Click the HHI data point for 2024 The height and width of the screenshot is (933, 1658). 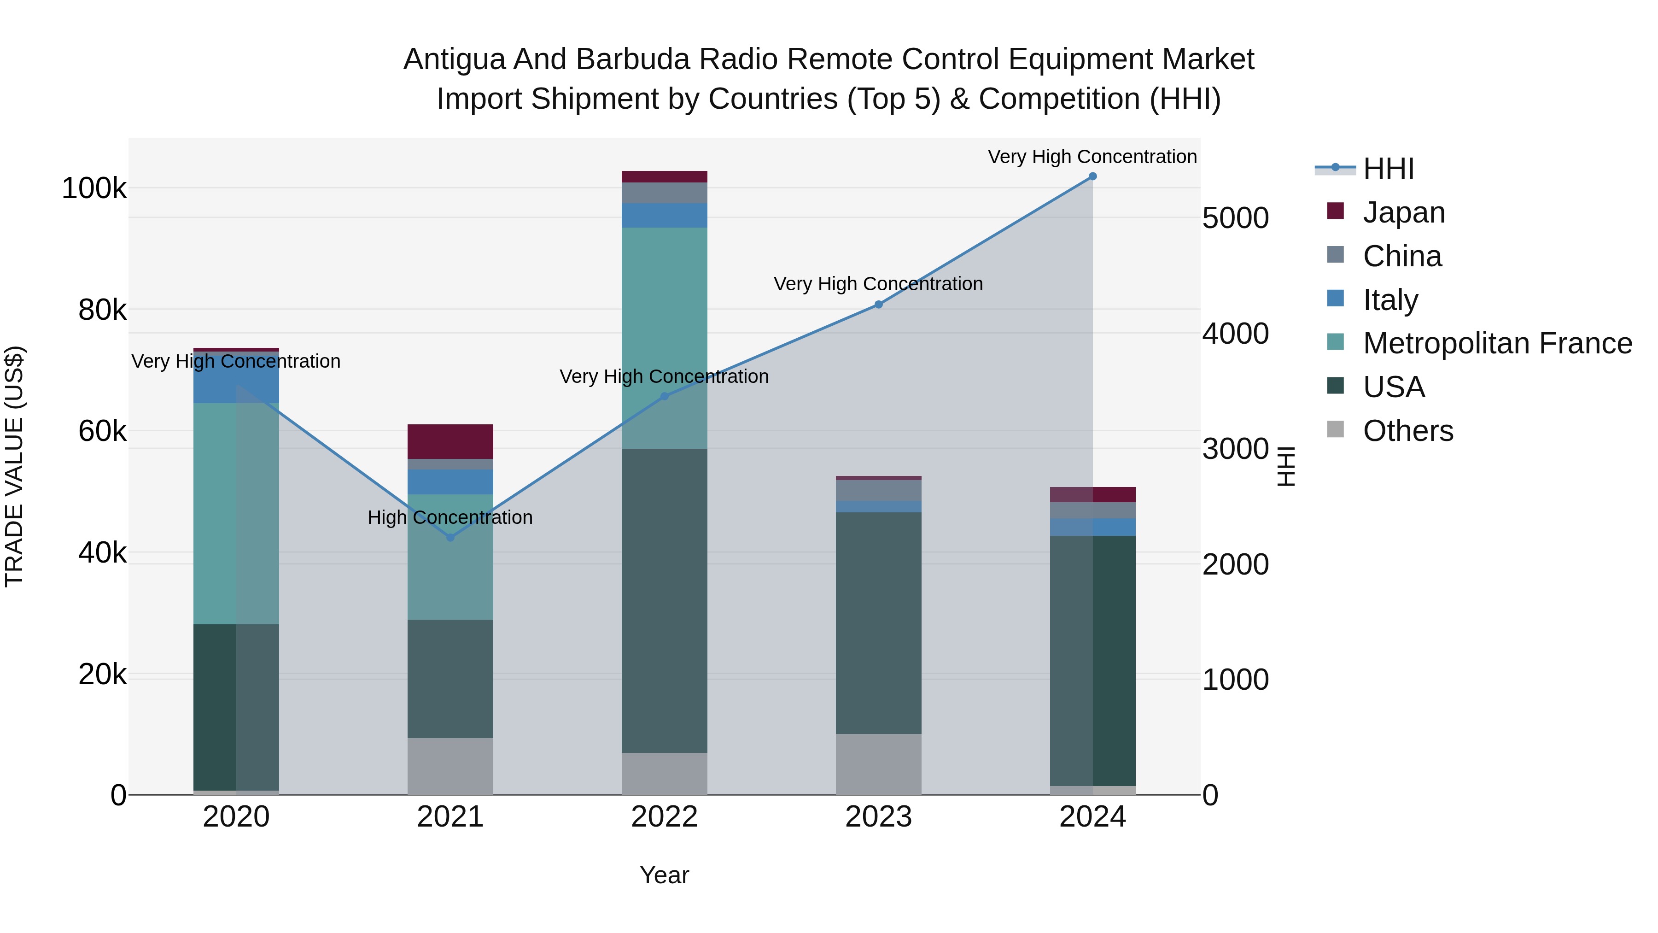coord(1092,176)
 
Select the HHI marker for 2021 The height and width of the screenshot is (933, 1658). coord(450,537)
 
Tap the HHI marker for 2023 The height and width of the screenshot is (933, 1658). coord(879,305)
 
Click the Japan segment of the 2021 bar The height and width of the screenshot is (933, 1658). coord(450,442)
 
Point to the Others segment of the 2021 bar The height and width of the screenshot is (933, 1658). coord(450,766)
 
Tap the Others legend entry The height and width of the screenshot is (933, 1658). coord(1407,431)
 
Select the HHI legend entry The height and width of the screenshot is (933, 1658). coord(1388,169)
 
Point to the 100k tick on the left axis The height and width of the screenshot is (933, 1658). coord(94,188)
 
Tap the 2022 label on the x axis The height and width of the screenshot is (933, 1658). coord(664,817)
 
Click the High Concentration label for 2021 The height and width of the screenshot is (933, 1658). coord(450,518)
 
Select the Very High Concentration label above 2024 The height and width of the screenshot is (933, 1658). coord(1092,157)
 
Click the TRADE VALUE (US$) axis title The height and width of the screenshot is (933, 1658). coord(14,466)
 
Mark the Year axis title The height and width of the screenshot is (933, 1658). coord(664,875)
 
